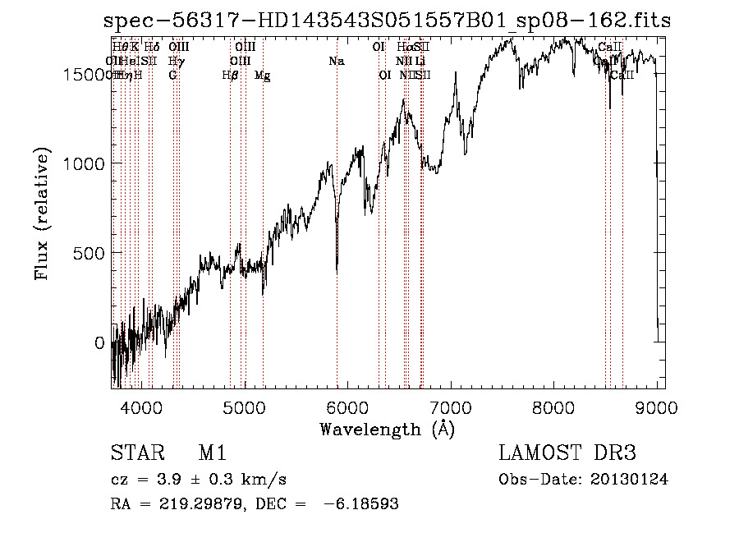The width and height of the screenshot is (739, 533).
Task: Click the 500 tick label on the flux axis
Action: click(87, 253)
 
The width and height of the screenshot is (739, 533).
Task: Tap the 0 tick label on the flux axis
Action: click(99, 342)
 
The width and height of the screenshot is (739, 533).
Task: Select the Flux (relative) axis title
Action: click(43, 214)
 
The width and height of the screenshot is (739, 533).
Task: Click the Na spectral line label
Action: click(336, 61)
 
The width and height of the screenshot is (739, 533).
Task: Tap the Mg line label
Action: click(263, 76)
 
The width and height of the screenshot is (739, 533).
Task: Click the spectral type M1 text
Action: click(213, 454)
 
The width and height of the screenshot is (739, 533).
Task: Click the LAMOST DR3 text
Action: click(567, 454)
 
